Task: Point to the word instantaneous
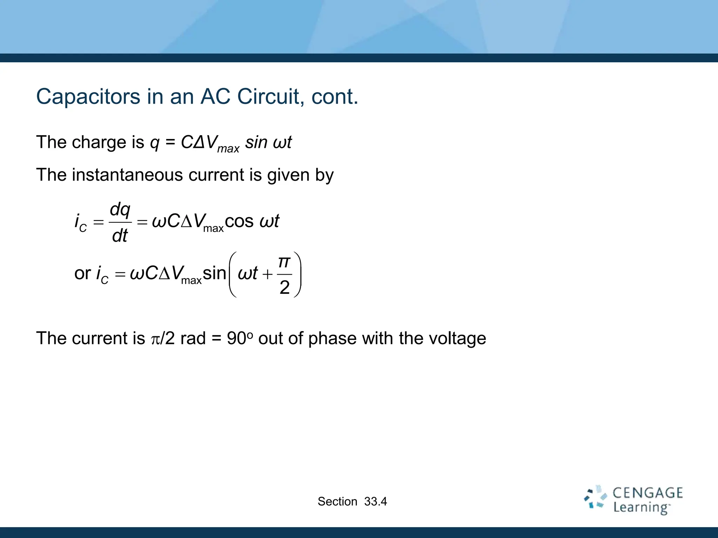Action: click(x=127, y=175)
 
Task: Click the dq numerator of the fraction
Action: click(x=120, y=210)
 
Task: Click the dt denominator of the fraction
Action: click(x=120, y=235)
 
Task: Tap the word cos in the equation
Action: click(x=239, y=221)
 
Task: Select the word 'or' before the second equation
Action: click(x=83, y=273)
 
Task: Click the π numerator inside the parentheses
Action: click(x=284, y=262)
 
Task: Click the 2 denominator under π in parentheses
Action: click(x=284, y=288)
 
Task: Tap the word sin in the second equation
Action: click(x=214, y=273)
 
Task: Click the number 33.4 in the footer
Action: click(x=375, y=502)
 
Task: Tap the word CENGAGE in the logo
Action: click(x=648, y=493)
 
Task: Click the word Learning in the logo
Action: click(x=641, y=508)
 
